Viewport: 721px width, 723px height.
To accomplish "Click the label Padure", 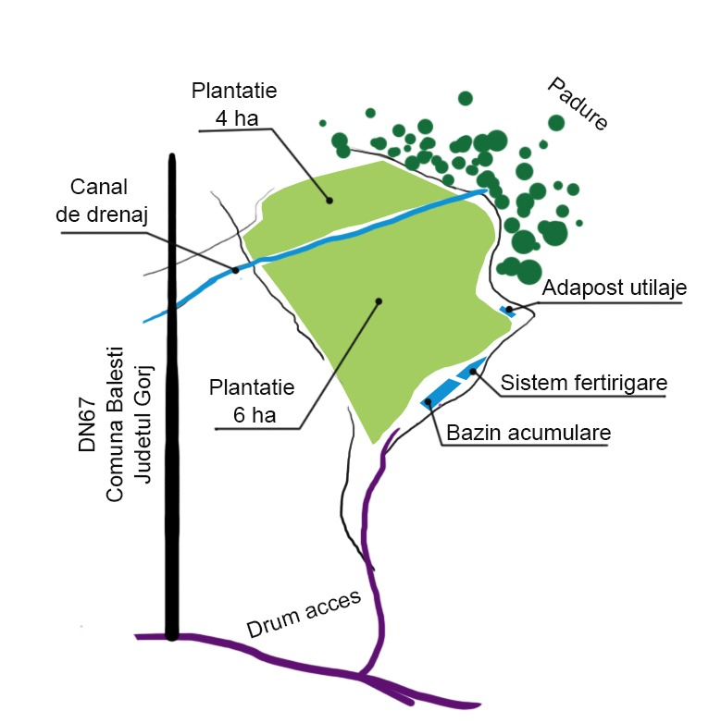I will coord(576,104).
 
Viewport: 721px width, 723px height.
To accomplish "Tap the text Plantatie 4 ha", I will coord(234,104).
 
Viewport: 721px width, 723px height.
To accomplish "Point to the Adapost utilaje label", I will coord(615,288).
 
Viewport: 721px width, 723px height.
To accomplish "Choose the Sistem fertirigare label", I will coord(584,383).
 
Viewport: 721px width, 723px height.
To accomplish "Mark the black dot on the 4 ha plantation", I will coord(329,199).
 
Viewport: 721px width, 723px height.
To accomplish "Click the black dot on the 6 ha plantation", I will coord(378,300).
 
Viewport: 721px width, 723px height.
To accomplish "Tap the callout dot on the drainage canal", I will coord(235,270).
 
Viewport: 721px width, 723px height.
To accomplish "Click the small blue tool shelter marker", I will coord(507,311).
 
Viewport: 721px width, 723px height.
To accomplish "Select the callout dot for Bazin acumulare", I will coord(428,401).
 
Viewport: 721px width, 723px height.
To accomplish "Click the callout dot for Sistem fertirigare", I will coord(472,372).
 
